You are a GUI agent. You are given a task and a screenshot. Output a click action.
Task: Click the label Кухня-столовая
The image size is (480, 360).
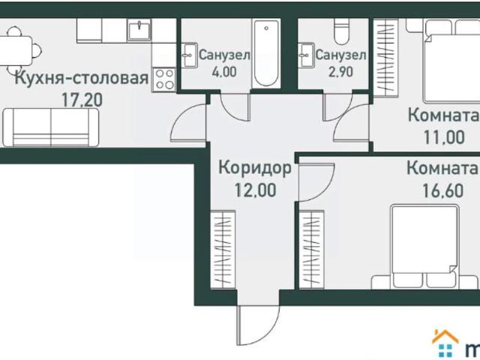82,79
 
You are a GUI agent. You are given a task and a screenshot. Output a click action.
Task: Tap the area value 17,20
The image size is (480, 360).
82,100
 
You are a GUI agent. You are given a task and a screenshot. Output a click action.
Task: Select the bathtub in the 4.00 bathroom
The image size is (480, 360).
266,53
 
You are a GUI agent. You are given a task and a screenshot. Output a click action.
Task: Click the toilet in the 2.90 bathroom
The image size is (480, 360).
341,31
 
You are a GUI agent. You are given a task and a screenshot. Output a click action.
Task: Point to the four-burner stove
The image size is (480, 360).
163,79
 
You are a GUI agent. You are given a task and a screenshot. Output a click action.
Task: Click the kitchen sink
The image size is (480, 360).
139,30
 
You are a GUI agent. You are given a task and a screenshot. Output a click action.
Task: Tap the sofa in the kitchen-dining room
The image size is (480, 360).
51,127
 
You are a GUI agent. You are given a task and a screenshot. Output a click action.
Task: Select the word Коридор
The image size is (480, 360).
255,169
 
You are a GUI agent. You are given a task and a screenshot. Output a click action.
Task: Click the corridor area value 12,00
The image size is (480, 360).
255,190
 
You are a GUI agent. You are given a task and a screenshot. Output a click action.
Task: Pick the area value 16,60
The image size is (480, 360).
442,190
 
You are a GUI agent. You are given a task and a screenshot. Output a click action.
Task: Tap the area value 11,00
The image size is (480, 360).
444,136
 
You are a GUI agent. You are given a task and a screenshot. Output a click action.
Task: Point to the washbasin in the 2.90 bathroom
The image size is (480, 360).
307,55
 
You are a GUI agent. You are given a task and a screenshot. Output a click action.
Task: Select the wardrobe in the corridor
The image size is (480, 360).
223,249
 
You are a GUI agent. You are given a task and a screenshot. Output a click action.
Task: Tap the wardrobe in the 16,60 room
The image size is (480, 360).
312,249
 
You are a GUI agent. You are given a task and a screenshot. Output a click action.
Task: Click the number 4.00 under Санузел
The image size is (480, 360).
224,72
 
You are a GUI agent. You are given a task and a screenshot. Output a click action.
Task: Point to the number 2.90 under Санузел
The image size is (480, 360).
340,72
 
